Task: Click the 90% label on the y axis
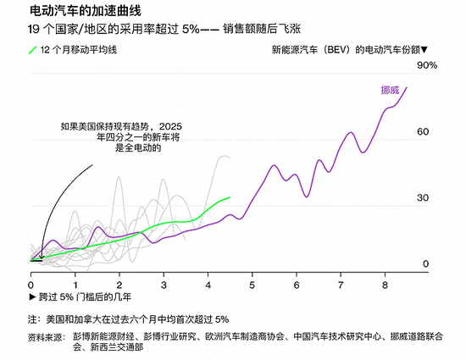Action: point(426,65)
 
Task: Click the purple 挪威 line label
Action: point(390,89)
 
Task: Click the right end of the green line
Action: point(230,197)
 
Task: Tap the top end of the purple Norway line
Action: point(407,86)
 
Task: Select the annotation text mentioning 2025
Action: point(121,136)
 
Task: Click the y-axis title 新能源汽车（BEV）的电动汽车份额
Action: point(349,51)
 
